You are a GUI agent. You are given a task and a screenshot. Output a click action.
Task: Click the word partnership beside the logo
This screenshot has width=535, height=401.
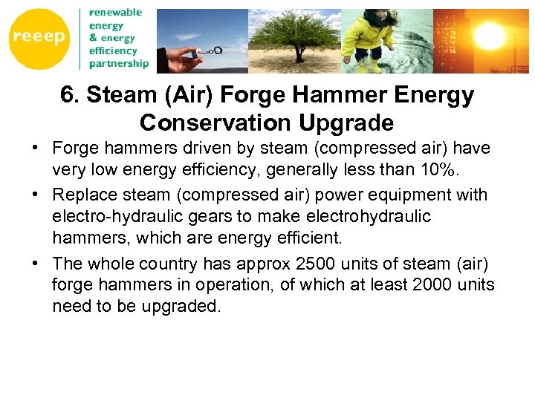coord(119,64)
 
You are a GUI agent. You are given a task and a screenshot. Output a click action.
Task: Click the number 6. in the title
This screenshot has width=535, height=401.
coord(71,96)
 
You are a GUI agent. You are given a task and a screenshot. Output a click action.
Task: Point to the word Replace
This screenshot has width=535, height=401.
coord(82,195)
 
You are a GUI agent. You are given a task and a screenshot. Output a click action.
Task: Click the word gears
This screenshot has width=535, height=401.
coord(202,217)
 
